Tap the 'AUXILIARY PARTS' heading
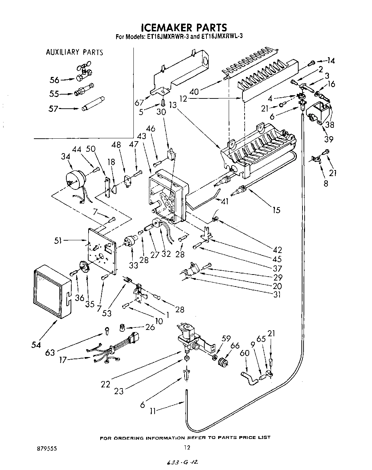pyautogui.click(x=74, y=53)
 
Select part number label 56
pyautogui.click(x=54, y=80)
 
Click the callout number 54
pyautogui.click(x=36, y=344)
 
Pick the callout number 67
pyautogui.click(x=139, y=102)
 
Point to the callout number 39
pyautogui.click(x=329, y=140)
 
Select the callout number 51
pyautogui.click(x=58, y=241)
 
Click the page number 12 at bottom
pyautogui.click(x=187, y=448)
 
